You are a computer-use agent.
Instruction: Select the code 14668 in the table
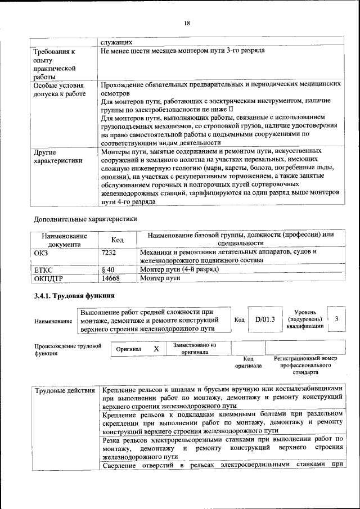click(111, 278)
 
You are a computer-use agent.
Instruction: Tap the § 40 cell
click(108, 269)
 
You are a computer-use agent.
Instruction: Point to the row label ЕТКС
click(44, 269)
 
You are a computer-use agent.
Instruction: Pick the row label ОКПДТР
click(49, 278)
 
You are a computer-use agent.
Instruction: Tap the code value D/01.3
click(264, 319)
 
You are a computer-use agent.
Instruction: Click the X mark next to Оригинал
click(156, 349)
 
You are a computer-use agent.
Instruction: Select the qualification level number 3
click(336, 319)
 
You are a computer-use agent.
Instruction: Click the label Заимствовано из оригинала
click(195, 348)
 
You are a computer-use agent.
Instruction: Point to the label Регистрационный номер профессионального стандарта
click(305, 365)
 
